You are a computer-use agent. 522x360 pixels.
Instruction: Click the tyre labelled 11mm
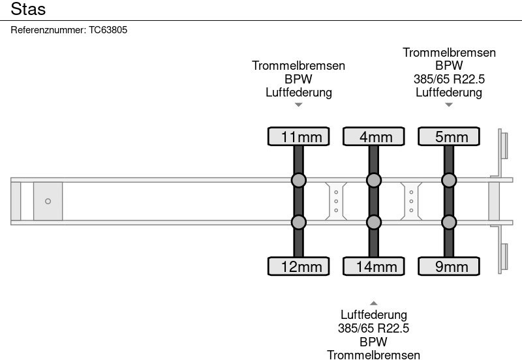[x=299, y=136]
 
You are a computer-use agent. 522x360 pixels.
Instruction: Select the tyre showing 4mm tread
[x=374, y=136]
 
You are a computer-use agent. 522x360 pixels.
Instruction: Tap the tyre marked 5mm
[x=449, y=136]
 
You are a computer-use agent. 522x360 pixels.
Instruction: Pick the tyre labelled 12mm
[x=299, y=266]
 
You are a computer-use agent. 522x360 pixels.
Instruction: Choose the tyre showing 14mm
[x=374, y=266]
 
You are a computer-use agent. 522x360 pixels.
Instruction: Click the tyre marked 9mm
[x=449, y=266]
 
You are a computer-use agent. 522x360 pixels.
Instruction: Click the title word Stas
[x=28, y=9]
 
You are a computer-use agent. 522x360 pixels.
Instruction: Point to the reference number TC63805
[x=108, y=30]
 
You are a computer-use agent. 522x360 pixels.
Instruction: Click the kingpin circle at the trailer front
[x=48, y=202]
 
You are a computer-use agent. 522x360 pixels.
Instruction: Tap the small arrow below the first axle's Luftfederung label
[x=299, y=105]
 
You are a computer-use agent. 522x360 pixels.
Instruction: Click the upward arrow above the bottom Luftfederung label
[x=374, y=303]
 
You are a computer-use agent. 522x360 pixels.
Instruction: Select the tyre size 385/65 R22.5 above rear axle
[x=449, y=79]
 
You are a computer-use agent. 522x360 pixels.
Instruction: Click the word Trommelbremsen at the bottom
[x=373, y=355]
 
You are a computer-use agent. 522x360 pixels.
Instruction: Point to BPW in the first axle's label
[x=299, y=79]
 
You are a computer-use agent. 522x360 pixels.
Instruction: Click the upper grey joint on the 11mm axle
[x=299, y=181]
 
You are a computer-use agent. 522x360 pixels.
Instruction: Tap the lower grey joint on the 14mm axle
[x=374, y=222]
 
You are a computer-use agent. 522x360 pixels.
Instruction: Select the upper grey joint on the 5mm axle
[x=449, y=181]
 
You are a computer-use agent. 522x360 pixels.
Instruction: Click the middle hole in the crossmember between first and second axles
[x=336, y=202]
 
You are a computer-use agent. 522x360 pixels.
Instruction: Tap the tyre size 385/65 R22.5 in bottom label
[x=373, y=329]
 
